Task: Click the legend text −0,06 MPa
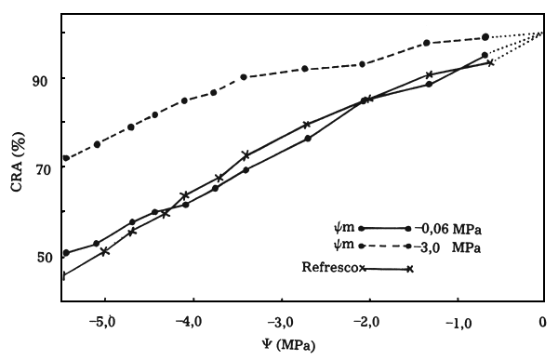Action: click(x=450, y=229)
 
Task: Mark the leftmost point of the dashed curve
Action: click(x=66, y=158)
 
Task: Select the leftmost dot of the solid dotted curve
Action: click(x=66, y=253)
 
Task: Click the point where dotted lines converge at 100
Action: click(x=542, y=33)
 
